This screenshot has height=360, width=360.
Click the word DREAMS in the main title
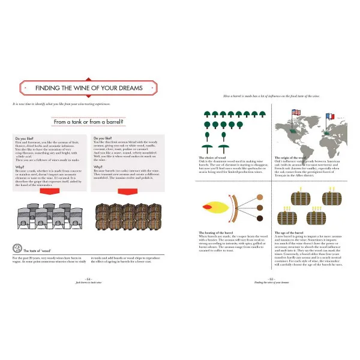tap(127, 88)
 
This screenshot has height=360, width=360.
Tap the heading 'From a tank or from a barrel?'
tap(88, 122)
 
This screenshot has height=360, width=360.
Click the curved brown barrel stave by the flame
tap(236, 206)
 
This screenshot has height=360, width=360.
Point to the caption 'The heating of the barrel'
tap(217, 232)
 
